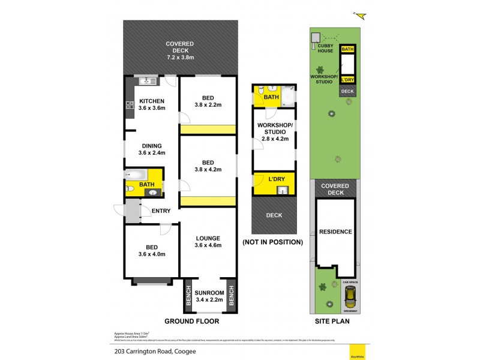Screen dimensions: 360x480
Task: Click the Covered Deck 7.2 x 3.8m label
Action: (180, 49)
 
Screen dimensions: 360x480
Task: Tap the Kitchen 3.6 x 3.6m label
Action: (151, 104)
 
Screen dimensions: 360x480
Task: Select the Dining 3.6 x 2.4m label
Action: (151, 149)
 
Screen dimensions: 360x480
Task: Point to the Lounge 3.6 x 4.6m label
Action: (207, 241)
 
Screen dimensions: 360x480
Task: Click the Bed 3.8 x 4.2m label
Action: (207, 166)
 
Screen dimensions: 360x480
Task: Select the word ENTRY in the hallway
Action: (161, 211)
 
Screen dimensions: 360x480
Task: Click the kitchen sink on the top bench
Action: (146, 82)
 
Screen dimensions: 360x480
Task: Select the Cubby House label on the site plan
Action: (325, 47)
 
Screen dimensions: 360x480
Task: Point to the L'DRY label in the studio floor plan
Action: (276, 179)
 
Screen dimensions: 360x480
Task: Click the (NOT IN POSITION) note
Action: (272, 242)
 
